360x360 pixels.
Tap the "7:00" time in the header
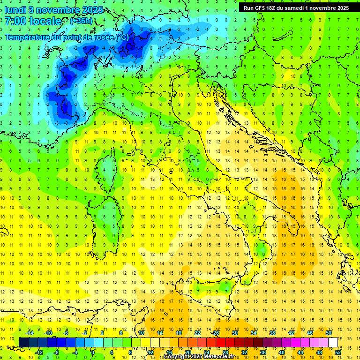[x=15, y=21]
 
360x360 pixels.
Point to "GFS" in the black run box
[x=263, y=8]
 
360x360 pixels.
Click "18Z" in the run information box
[x=277, y=8]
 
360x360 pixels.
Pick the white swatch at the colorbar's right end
[x=333, y=342]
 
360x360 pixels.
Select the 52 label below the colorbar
[x=338, y=352]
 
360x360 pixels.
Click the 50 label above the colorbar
[x=329, y=333]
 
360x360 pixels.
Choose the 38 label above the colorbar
[x=272, y=333]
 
